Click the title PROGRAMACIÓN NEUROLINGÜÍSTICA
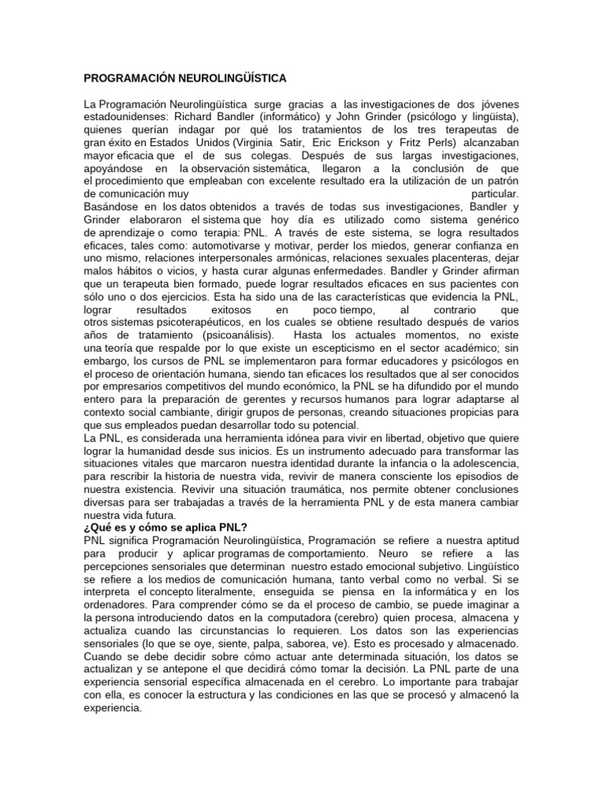coord(185,79)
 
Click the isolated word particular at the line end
coord(492,193)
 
